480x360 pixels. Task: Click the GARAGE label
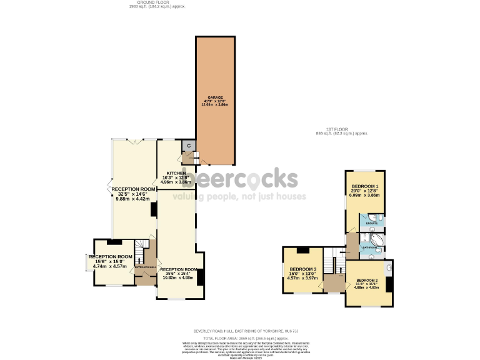(216, 98)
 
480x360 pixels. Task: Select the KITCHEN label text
(176, 173)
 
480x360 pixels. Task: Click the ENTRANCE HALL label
(144, 267)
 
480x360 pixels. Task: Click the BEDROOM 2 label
(367, 281)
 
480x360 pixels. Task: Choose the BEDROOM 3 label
(302, 269)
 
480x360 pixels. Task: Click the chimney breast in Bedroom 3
(302, 251)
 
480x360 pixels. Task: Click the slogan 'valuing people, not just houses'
(239, 196)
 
